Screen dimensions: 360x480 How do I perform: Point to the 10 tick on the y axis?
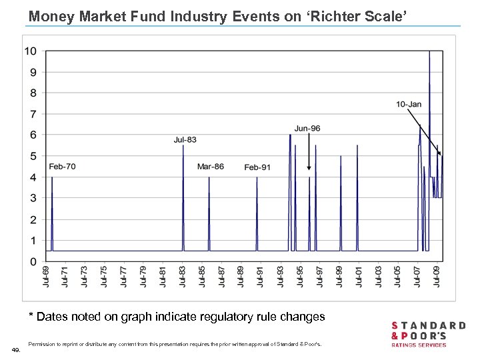pos(31,51)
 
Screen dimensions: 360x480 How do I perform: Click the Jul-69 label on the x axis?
pos(45,277)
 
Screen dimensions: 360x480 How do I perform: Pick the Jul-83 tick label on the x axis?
pos(183,277)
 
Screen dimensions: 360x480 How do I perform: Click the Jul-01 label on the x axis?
pos(359,277)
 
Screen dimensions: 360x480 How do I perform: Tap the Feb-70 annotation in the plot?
pos(62,166)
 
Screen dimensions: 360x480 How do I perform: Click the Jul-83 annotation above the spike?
pos(185,139)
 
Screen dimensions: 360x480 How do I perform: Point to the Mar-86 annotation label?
pos(211,166)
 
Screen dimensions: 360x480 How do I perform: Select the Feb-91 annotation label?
pos(257,167)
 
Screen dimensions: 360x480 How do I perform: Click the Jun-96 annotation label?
pos(307,128)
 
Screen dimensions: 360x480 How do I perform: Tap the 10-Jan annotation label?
pos(409,104)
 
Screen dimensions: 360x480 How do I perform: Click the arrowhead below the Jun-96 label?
pos(309,169)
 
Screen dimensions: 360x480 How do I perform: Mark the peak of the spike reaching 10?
pos(429,52)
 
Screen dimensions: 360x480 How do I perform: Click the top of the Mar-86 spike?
pos(209,177)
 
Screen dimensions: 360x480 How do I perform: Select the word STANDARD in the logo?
pos(428,326)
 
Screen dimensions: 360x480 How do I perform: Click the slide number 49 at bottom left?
pos(16,349)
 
